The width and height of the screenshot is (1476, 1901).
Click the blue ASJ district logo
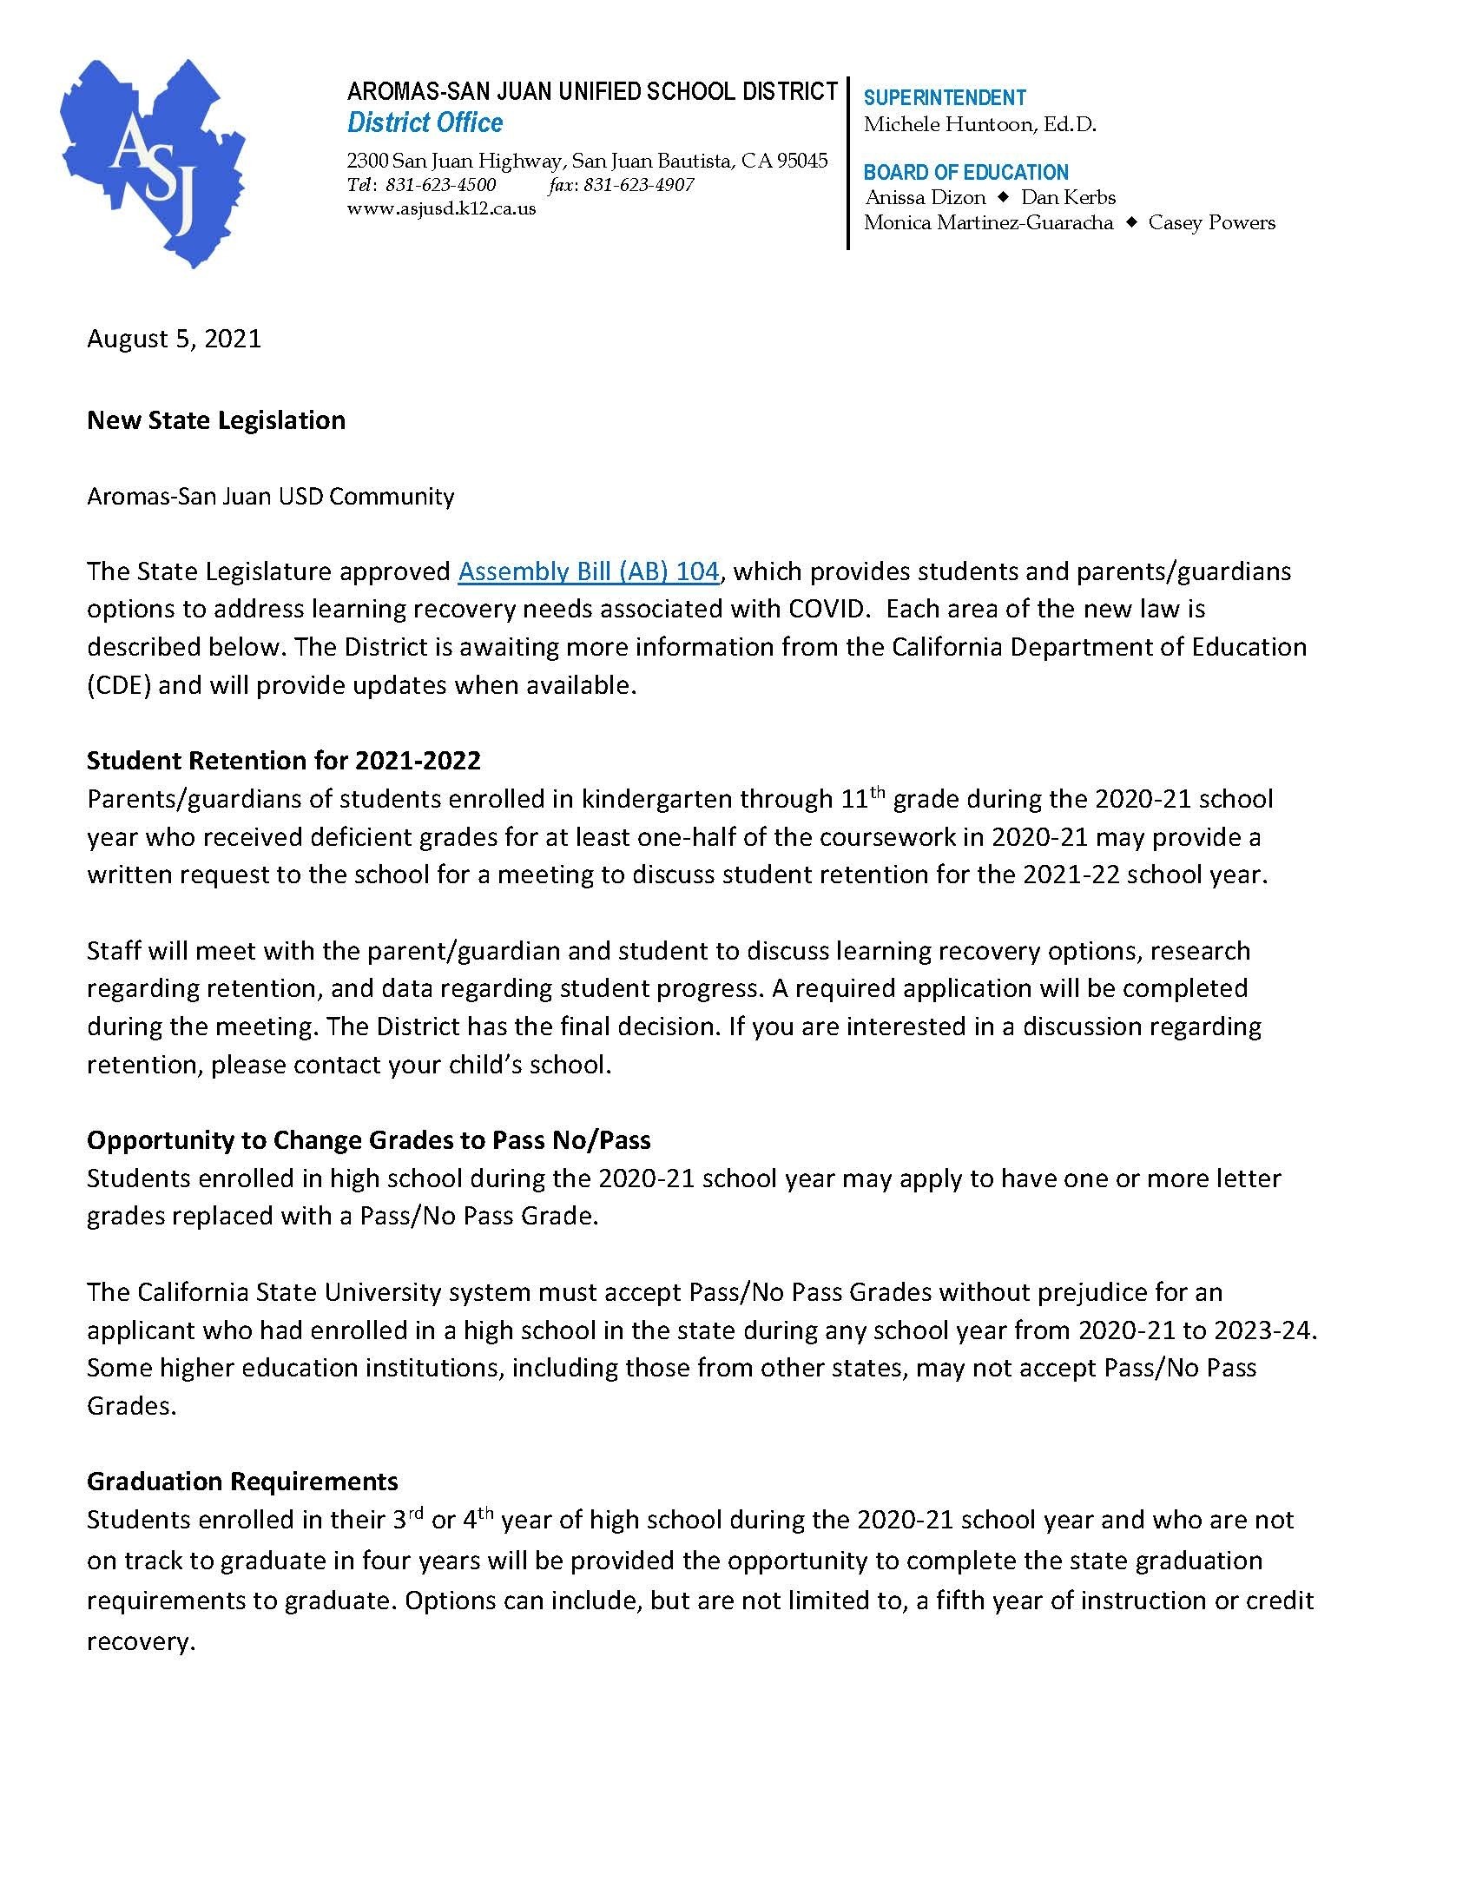tap(151, 162)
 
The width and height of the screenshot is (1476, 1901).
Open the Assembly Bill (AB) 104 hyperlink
tap(589, 571)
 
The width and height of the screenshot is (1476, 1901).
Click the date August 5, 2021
tap(174, 338)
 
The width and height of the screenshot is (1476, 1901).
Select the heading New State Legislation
tap(216, 420)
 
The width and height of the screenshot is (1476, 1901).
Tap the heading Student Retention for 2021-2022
tap(284, 761)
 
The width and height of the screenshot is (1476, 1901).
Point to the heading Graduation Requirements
tap(243, 1481)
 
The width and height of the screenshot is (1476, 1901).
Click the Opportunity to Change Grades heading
tap(369, 1140)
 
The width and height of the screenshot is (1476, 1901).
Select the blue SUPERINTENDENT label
tap(945, 97)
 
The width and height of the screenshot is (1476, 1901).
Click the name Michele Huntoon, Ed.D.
tap(979, 124)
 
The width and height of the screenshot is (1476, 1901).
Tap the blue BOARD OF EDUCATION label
tap(966, 172)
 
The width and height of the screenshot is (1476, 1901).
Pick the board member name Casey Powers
tap(1211, 223)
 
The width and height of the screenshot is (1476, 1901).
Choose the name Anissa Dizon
tap(926, 198)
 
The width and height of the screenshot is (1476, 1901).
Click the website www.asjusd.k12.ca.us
tap(441, 209)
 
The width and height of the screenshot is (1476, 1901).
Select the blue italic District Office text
tap(425, 122)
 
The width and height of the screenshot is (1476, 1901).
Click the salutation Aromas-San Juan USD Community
tap(271, 496)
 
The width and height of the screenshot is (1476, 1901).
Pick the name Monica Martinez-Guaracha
tap(988, 223)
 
